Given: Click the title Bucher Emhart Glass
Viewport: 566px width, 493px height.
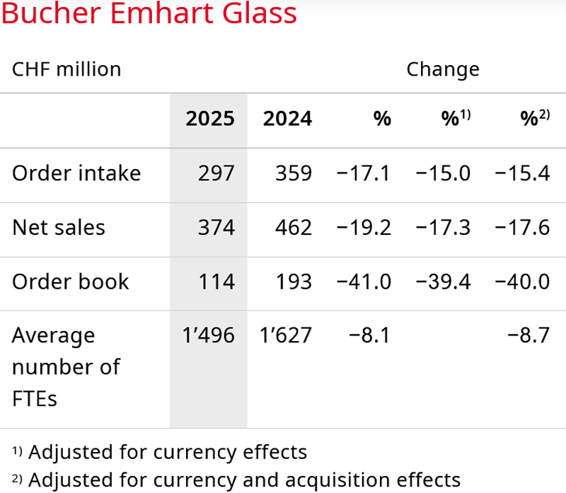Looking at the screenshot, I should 149,15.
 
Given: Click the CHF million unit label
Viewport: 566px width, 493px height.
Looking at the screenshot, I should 67,69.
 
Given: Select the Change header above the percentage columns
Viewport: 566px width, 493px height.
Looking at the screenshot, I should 443,69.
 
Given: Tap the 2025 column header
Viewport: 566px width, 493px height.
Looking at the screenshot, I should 209,119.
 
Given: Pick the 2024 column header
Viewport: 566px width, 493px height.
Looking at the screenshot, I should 287,119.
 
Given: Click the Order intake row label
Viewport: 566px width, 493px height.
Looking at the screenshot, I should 76,173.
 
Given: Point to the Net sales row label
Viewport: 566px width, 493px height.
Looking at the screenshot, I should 59,227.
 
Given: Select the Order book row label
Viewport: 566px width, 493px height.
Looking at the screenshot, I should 71,282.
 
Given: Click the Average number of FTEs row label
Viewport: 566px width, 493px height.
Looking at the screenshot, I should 66,366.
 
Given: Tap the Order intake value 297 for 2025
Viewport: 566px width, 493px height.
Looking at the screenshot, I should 216,173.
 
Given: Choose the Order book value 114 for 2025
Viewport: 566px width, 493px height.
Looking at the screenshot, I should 216,282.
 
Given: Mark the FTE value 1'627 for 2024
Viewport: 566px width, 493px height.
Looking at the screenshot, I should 286,335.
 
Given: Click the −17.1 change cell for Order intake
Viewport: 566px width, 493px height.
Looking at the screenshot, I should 364,173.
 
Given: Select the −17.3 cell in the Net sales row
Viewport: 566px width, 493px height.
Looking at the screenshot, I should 444,227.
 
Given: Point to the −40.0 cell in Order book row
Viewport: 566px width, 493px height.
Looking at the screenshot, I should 522,282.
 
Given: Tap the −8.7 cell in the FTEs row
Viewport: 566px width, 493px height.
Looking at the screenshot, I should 529,335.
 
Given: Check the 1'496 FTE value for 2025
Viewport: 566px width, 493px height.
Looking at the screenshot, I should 208,335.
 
